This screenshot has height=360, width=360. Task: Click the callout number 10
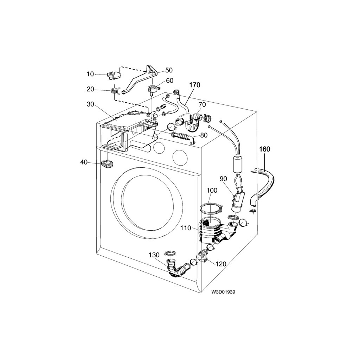click(90, 74)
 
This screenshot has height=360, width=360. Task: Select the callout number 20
click(90, 89)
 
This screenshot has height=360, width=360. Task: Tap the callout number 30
click(90, 104)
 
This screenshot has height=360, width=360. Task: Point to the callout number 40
click(84, 162)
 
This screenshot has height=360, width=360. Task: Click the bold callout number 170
click(194, 85)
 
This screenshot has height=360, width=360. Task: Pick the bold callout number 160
click(264, 149)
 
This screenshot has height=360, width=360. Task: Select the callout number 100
click(212, 190)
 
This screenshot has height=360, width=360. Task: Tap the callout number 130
click(154, 255)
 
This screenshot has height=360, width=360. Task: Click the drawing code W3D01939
click(223, 292)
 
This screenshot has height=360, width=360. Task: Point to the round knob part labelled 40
click(107, 163)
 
